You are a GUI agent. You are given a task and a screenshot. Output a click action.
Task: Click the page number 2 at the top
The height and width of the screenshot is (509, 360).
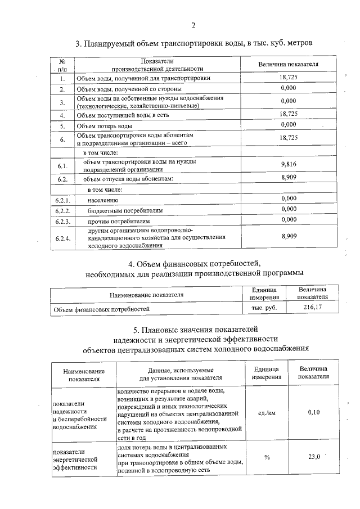pos(193,25)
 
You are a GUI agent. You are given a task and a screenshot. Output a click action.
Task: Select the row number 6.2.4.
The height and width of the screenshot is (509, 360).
pos(62,239)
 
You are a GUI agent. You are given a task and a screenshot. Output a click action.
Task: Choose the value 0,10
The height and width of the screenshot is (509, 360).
pos(314,412)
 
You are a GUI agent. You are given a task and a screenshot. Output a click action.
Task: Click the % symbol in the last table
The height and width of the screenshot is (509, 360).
pos(267,457)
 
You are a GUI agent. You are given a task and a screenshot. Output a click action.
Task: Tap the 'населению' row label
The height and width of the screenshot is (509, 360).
pos(103,200)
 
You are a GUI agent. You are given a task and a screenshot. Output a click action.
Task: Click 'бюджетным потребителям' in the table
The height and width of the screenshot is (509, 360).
pos(125,210)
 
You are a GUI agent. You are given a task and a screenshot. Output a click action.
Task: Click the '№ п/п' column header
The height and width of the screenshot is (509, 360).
pos(62,64)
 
